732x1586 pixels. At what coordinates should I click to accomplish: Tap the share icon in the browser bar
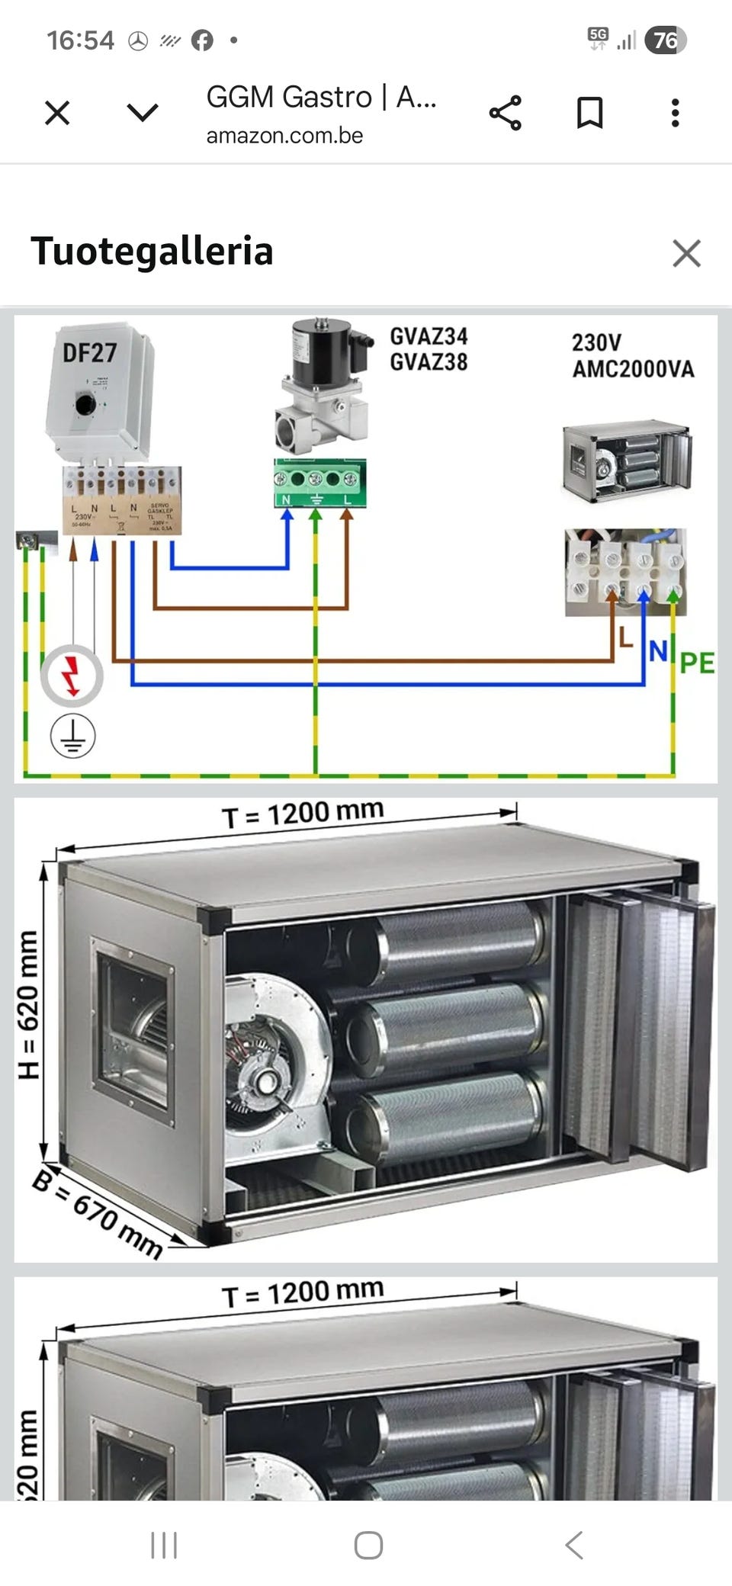(x=506, y=113)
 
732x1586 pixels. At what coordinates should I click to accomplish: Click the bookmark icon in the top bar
(x=589, y=113)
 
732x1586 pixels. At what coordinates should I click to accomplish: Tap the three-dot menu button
(x=675, y=113)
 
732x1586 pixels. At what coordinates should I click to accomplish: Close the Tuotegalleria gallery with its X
(x=686, y=253)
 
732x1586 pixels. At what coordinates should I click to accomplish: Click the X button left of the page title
(x=57, y=113)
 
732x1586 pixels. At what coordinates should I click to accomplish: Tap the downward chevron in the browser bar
(x=143, y=113)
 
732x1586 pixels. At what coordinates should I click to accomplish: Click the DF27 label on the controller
(x=89, y=353)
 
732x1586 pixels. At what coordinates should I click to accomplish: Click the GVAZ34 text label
(x=429, y=336)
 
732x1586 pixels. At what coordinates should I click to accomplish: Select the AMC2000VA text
(x=633, y=370)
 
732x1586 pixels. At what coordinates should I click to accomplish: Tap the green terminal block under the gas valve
(x=320, y=483)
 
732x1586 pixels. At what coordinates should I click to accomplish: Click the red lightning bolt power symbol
(x=72, y=676)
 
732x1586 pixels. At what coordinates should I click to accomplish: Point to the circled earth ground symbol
(x=72, y=736)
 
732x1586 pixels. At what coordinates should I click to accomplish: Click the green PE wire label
(x=697, y=663)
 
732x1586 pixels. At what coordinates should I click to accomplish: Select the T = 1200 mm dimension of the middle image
(x=303, y=814)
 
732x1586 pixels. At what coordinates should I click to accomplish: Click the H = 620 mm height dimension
(x=28, y=1004)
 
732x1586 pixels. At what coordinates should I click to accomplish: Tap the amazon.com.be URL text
(x=284, y=136)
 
